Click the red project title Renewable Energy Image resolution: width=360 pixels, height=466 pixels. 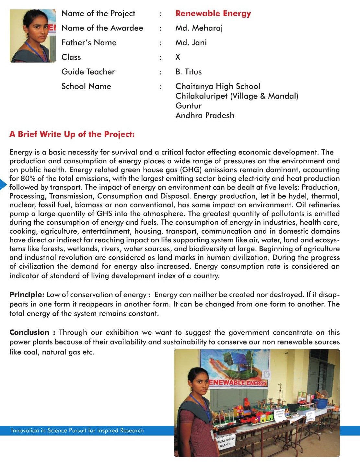tap(213, 13)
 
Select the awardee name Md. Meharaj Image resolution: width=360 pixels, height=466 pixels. tap(199, 28)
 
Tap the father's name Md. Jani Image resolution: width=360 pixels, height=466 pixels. tap(191, 42)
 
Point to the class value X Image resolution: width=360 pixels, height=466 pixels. tap(178, 57)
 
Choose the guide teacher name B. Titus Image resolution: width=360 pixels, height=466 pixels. tap(188, 72)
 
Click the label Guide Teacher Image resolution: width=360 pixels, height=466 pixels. tap(88, 72)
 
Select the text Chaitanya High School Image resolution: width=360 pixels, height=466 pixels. tap(218, 86)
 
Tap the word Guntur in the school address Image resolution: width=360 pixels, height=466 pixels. tap(188, 106)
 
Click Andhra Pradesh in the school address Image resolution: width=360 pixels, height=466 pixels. tap(204, 115)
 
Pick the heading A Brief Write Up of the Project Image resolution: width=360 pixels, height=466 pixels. tap(72, 134)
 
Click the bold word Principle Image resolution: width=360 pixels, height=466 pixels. tap(27, 295)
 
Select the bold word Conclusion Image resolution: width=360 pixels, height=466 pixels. tap(29, 332)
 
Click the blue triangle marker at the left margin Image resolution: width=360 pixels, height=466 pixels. tap(3, 184)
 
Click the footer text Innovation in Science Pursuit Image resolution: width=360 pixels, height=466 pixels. tap(77, 430)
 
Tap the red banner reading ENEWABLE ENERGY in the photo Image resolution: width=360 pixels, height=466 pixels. tap(238, 383)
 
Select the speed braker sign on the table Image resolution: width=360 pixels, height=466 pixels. tap(225, 441)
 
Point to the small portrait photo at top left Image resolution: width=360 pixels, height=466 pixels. tap(32, 36)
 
